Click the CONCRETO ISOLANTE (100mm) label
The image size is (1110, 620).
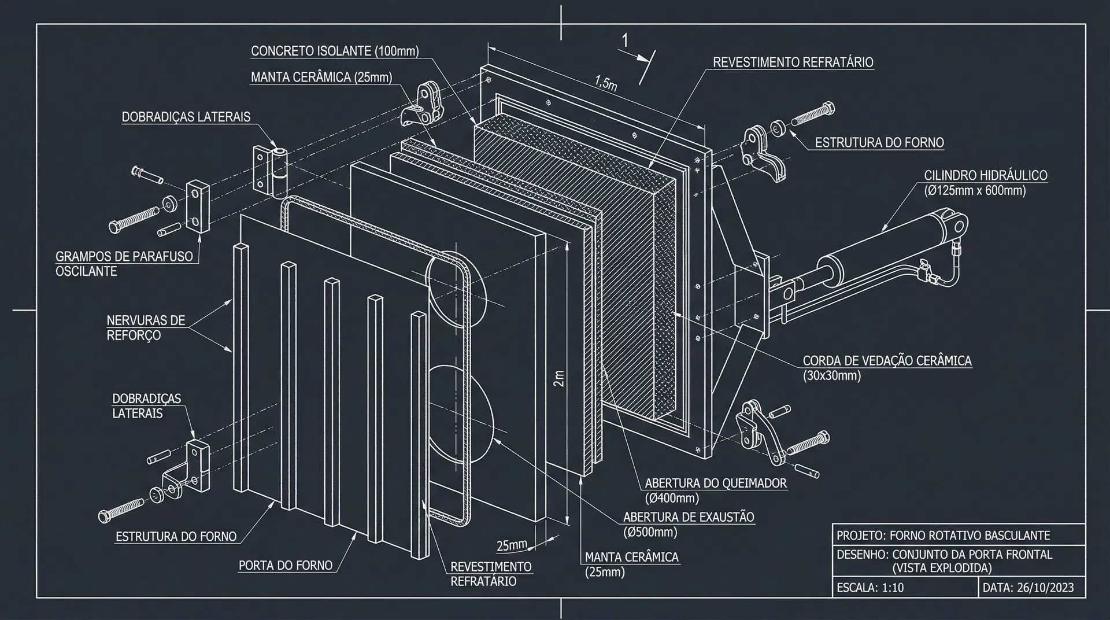coord(335,51)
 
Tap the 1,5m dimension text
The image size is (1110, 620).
coord(606,83)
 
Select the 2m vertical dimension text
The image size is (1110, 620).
coord(558,379)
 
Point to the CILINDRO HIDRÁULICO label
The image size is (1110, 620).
coord(985,175)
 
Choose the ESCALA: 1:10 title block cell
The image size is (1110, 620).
coord(870,588)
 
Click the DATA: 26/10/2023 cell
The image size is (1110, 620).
coord(1028,588)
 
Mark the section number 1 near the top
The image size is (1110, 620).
coord(625,40)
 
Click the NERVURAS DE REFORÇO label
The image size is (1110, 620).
coord(146,328)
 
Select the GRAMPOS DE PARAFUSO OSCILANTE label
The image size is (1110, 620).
coord(124,264)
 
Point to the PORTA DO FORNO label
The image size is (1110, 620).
coord(286,565)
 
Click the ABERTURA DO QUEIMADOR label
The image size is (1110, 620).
coord(716,483)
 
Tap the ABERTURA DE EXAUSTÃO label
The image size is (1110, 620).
coord(689,517)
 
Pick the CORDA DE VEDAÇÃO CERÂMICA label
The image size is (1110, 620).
coord(887,361)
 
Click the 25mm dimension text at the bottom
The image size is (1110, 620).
coord(512,545)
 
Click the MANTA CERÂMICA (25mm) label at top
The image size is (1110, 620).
coord(321,77)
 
